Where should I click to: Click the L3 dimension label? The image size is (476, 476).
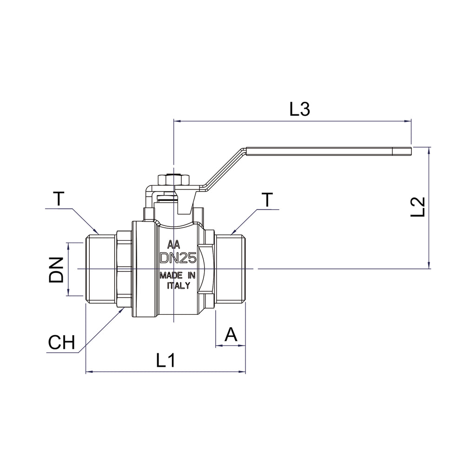pos(300,109)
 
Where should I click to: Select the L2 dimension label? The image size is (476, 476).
pos(418,207)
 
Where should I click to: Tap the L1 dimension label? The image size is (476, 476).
pos(166,360)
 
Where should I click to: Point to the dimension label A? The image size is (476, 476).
pos(231,334)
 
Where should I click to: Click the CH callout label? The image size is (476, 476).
pos(61,343)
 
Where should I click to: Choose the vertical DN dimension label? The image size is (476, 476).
pos(56,270)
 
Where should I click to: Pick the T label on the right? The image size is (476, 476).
pos(267,199)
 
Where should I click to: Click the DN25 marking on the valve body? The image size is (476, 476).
pos(178,258)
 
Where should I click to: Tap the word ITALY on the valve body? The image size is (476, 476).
pos(178,285)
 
